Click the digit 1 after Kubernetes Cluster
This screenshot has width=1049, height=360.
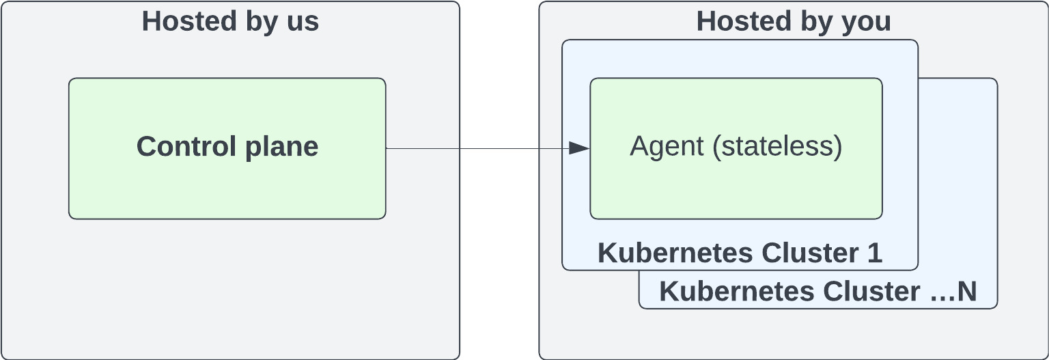(x=875, y=253)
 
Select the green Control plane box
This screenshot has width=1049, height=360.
(x=227, y=184)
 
